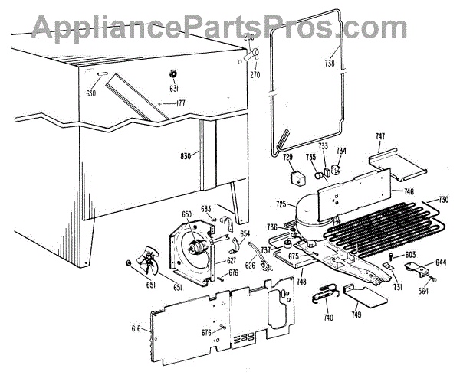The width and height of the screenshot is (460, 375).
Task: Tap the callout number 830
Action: pos(184,155)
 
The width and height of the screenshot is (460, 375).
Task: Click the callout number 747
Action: pos(379,136)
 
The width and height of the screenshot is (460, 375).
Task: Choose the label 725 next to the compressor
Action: pos(281,204)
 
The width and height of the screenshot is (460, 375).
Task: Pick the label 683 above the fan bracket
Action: pos(205,208)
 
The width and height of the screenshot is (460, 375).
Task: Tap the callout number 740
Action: pos(329,317)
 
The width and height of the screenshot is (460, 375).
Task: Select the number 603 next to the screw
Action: pos(410,253)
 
